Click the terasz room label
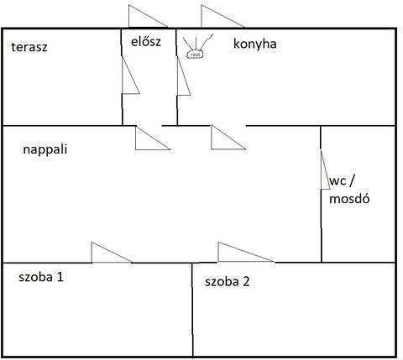pyautogui.click(x=29, y=47)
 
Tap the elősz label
pyautogui.click(x=146, y=42)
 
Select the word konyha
pyautogui.click(x=255, y=44)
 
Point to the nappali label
pyautogui.click(x=45, y=149)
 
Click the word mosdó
pyautogui.click(x=349, y=198)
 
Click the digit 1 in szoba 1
pyautogui.click(x=60, y=277)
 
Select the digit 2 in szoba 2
pyautogui.click(x=246, y=281)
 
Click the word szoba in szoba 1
pyautogui.click(x=36, y=277)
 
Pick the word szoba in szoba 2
pyautogui.click(x=222, y=281)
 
